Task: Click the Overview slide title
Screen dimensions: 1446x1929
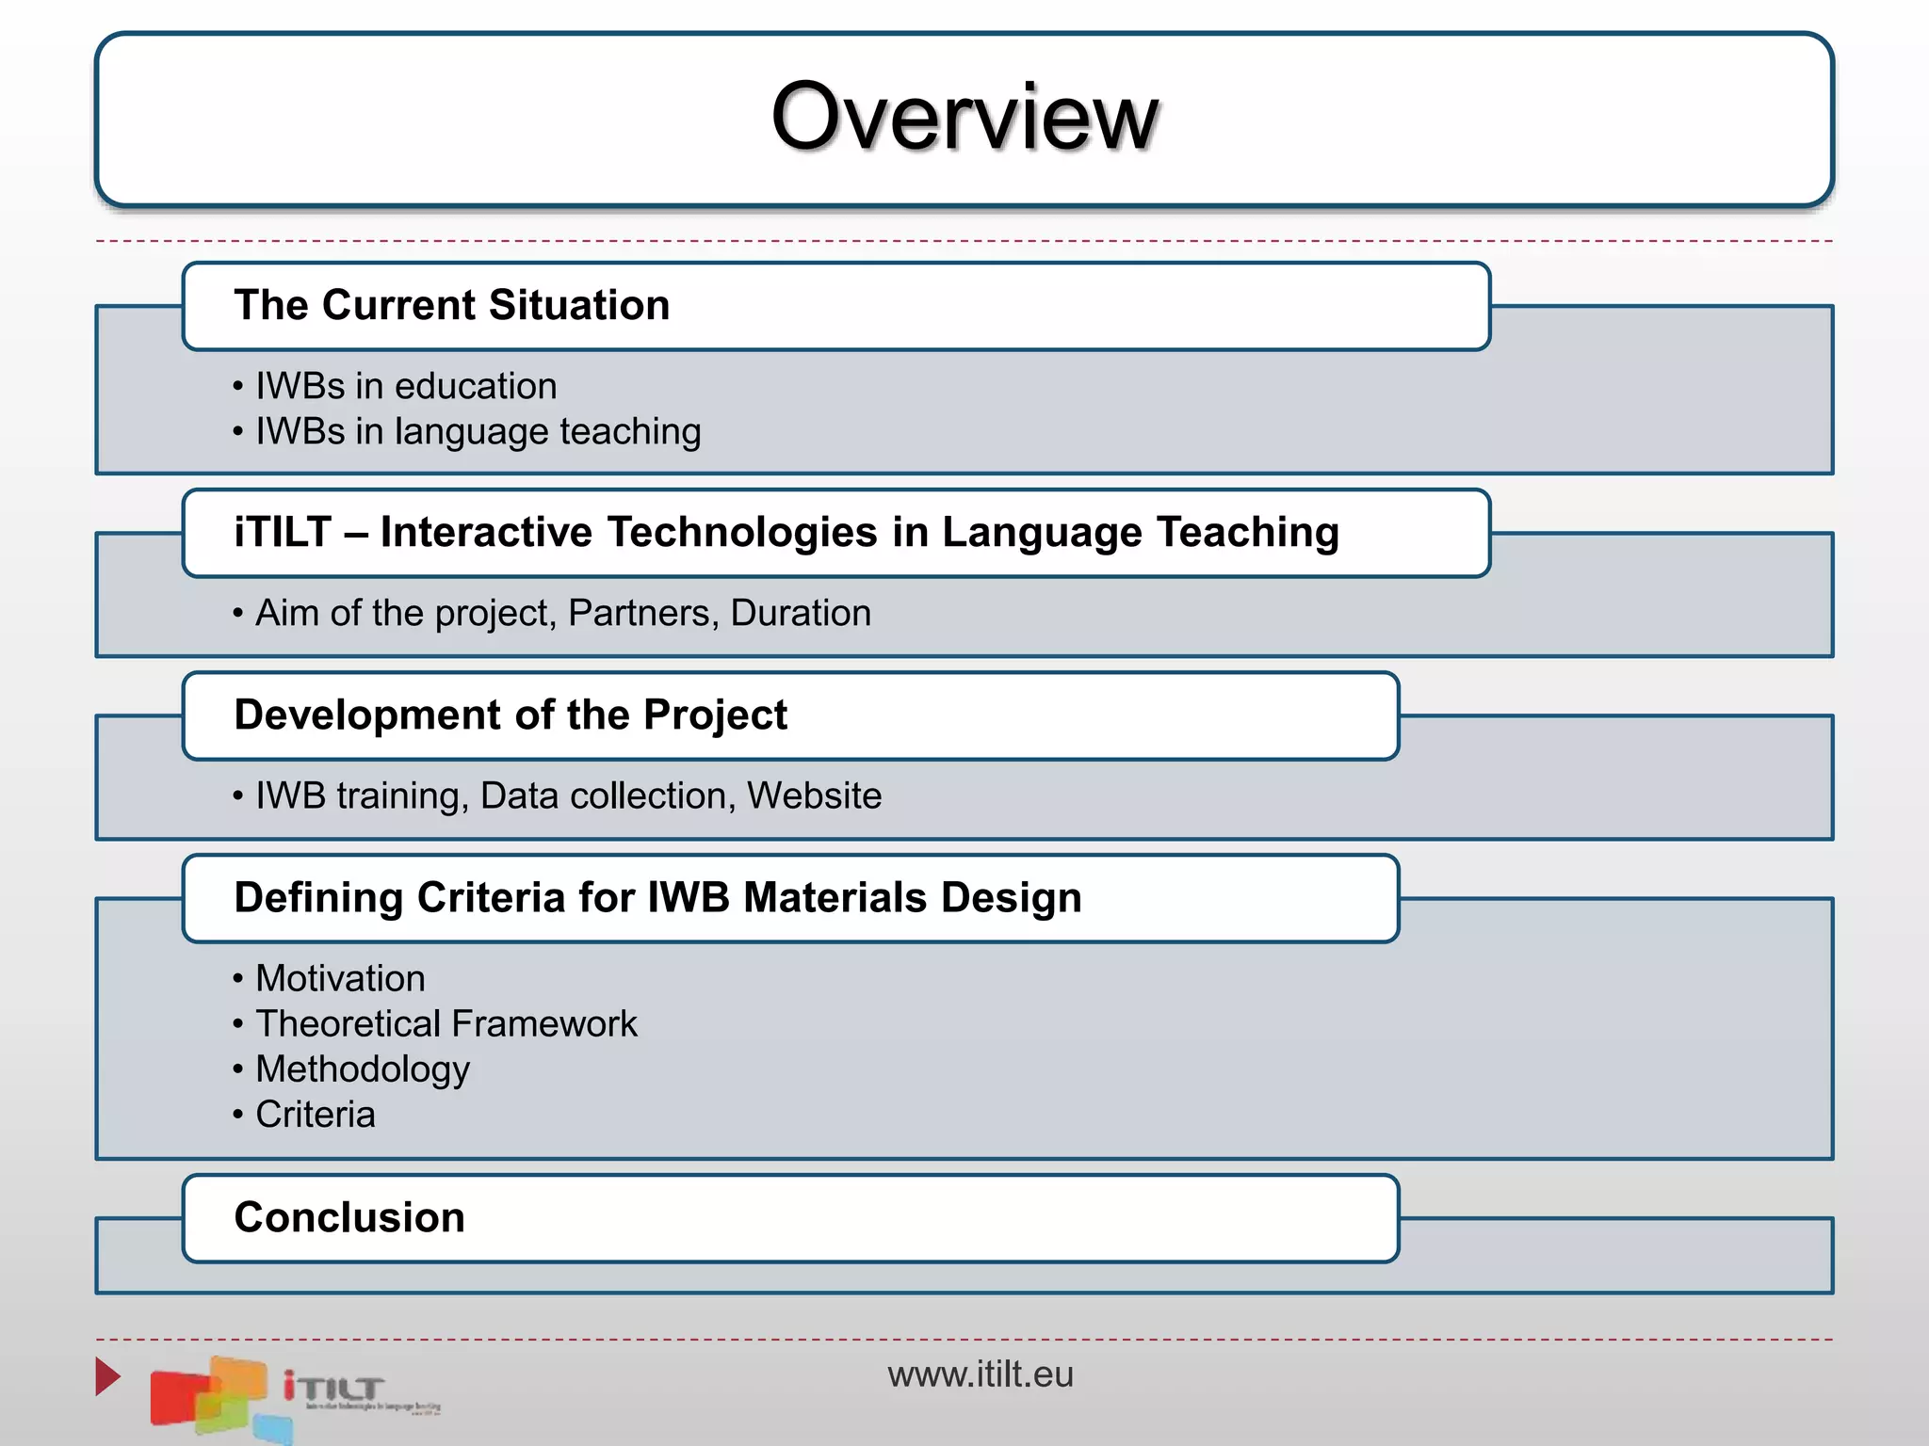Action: [x=964, y=117]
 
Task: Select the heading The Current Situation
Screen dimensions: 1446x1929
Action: [x=451, y=306]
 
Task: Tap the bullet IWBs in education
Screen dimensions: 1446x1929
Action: [x=406, y=386]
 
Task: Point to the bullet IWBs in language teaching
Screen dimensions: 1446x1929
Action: [x=478, y=431]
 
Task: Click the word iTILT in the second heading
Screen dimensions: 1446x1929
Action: [x=283, y=532]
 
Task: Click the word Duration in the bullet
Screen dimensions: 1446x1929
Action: [x=800, y=613]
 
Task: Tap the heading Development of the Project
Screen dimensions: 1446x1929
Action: [x=510, y=715]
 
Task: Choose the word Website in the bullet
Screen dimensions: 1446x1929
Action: [x=814, y=795]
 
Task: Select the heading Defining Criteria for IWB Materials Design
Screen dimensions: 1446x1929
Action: [x=657, y=897]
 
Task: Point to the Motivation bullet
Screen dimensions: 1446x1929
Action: [x=340, y=978]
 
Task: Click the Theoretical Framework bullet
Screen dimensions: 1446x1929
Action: [x=446, y=1023]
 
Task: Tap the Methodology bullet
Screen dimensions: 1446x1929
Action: [x=362, y=1069]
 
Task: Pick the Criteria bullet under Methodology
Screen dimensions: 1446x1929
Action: [x=315, y=1115]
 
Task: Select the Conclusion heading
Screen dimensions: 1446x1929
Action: [x=349, y=1217]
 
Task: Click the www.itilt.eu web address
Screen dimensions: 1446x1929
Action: [x=980, y=1374]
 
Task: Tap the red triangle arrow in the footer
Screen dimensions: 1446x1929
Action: [x=106, y=1376]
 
